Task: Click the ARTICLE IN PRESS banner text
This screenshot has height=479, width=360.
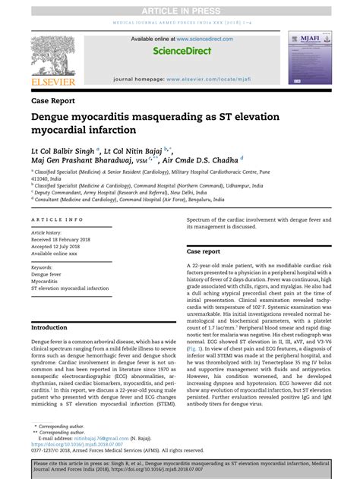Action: [x=179, y=8]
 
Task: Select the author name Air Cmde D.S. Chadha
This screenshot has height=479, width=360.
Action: [x=205, y=160]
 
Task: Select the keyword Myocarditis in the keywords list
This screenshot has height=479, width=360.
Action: [x=47, y=282]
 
